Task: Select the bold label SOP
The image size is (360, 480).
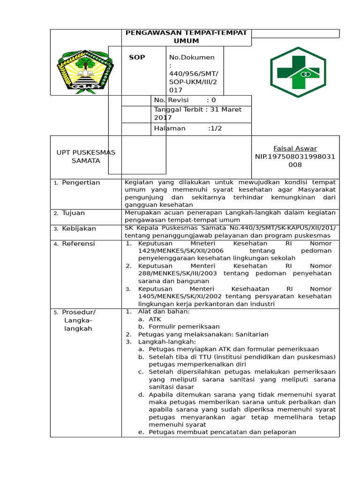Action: click(137, 57)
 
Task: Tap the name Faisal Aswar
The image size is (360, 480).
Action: click(295, 148)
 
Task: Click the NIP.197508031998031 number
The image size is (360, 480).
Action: click(295, 157)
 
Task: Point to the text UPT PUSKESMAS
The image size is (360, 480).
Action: click(86, 152)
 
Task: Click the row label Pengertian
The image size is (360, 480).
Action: click(81, 182)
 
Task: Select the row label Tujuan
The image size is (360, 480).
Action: click(73, 213)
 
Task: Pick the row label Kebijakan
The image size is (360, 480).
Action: click(79, 228)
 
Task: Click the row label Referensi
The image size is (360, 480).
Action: click(78, 243)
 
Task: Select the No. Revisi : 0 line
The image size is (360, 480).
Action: click(185, 100)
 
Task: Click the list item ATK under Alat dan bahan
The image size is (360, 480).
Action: click(155, 319)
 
